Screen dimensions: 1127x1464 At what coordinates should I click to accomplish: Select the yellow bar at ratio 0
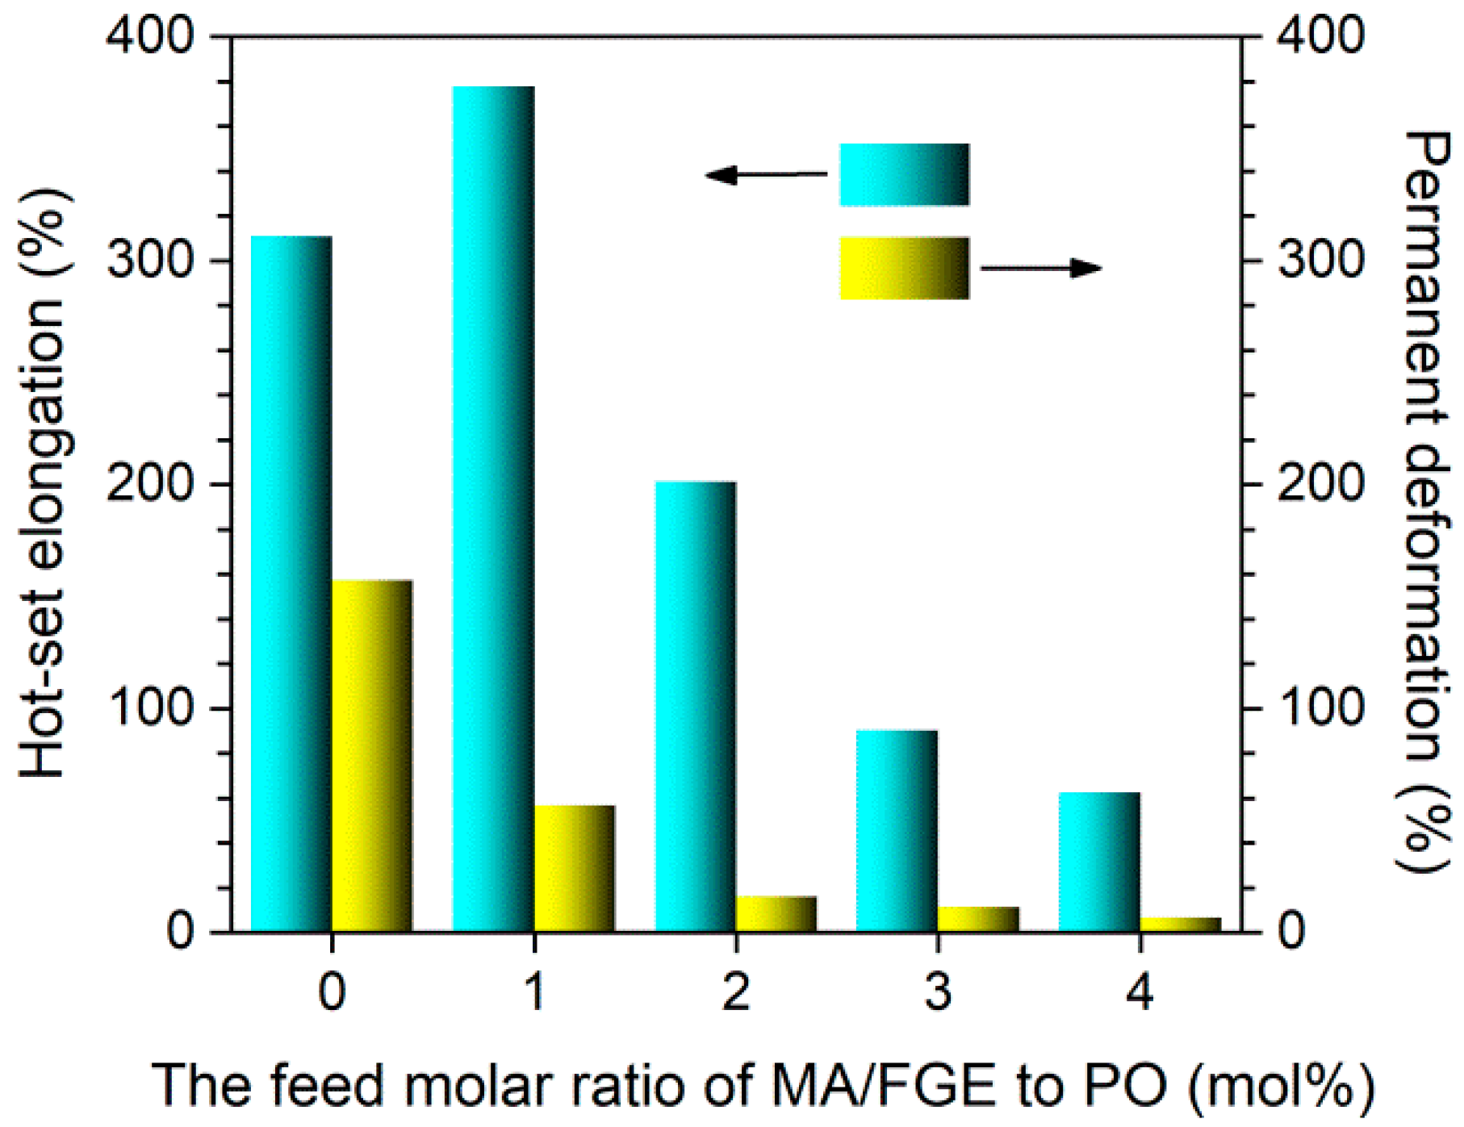372,755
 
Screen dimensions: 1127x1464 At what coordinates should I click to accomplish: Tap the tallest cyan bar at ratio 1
493,508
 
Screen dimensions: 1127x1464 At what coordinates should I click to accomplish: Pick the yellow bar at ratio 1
574,868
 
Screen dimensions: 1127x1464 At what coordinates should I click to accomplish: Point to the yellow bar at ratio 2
776,913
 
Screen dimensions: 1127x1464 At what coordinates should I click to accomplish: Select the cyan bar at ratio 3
897,830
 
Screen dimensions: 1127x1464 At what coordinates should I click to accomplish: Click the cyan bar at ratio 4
1098,862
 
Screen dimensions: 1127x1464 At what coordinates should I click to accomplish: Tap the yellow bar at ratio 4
1180,924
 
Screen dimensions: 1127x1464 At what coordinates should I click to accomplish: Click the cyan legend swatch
904,174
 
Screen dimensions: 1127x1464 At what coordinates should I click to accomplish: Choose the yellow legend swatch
904,268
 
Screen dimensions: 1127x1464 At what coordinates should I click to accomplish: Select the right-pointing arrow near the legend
1041,268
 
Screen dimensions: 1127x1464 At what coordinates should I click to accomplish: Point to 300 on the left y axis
151,260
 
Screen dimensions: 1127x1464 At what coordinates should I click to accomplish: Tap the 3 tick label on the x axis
938,991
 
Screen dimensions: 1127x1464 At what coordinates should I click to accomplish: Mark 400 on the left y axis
151,36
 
